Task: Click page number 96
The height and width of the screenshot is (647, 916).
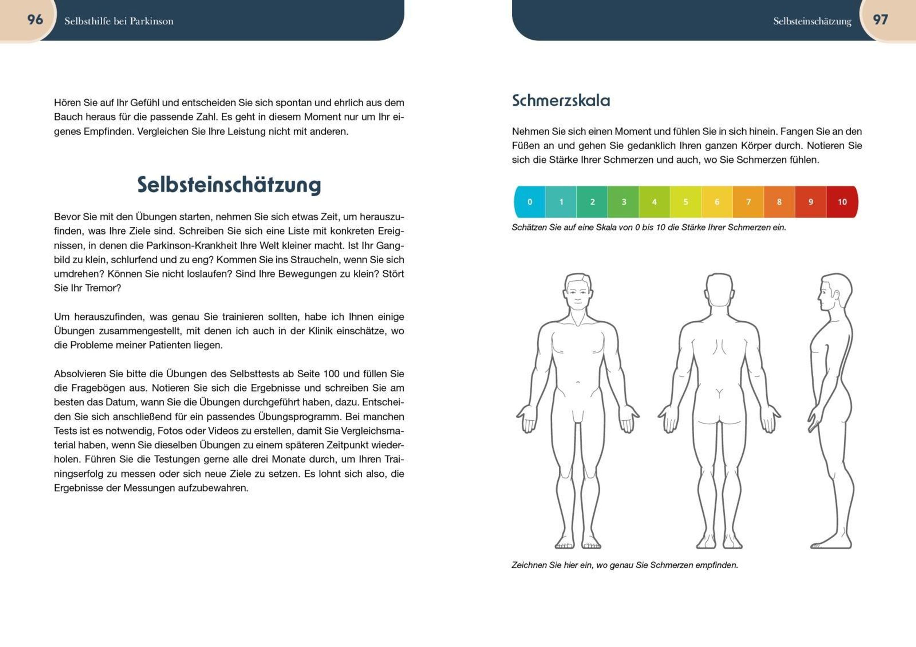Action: click(x=35, y=19)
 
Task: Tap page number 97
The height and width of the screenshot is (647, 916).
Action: click(x=880, y=19)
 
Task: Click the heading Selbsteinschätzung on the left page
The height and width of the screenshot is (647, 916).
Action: click(x=229, y=185)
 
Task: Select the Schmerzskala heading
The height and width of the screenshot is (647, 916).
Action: click(x=561, y=100)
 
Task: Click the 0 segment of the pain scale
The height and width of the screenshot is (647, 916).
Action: click(x=529, y=202)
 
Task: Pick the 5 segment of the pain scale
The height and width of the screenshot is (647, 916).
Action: click(x=685, y=202)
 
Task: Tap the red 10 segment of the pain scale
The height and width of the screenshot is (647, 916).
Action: click(x=842, y=202)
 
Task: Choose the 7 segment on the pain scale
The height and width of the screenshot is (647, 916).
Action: click(x=748, y=202)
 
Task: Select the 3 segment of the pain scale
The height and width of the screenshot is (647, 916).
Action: click(x=623, y=202)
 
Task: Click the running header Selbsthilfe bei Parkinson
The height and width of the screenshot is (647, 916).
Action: click(x=119, y=21)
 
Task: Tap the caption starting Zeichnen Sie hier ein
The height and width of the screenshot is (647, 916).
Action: click(x=624, y=565)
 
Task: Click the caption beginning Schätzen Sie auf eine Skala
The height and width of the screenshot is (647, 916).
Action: click(x=648, y=228)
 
